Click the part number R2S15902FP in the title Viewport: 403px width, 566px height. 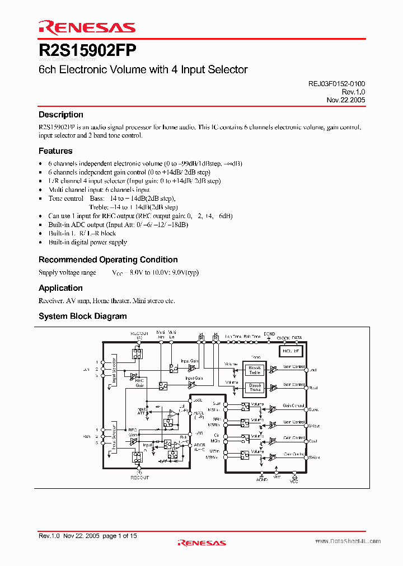[x=87, y=50]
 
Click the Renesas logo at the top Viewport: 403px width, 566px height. [x=87, y=27]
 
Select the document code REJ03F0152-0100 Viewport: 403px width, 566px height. [x=336, y=83]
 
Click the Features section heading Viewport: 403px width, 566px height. [x=55, y=151]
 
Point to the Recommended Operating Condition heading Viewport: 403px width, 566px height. [x=108, y=260]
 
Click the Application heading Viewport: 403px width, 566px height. [x=60, y=288]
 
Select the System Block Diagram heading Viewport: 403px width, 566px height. [x=83, y=316]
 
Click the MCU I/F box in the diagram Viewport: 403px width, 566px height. [x=290, y=351]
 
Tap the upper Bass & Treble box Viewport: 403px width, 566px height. [x=255, y=370]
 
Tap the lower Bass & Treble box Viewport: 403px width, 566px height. [x=255, y=387]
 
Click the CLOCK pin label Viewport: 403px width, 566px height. [x=283, y=338]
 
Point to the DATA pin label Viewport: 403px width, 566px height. [x=297, y=338]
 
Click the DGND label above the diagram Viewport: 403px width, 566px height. [x=269, y=334]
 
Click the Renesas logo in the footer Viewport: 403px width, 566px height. [x=201, y=543]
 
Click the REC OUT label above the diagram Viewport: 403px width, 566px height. [x=139, y=333]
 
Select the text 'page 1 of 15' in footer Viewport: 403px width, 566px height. [x=120, y=536]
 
